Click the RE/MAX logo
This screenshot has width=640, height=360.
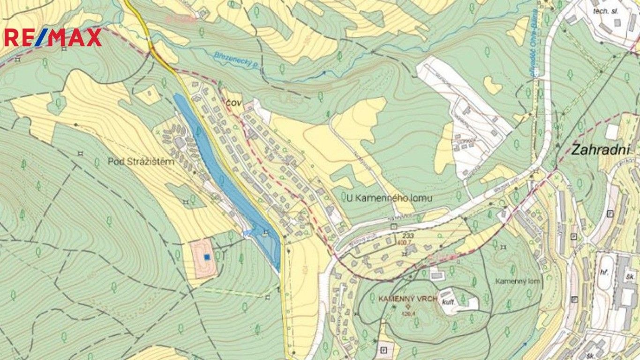coord(53,37)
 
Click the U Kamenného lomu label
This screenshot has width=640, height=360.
coord(390,198)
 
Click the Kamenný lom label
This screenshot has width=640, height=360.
coord(518,281)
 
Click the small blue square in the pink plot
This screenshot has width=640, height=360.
coord(207,256)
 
